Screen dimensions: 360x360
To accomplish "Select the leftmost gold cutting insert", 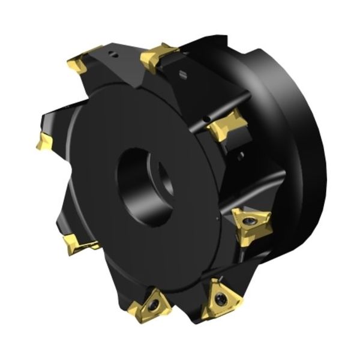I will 44,142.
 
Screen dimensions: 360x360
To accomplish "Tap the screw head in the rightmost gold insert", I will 248,223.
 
